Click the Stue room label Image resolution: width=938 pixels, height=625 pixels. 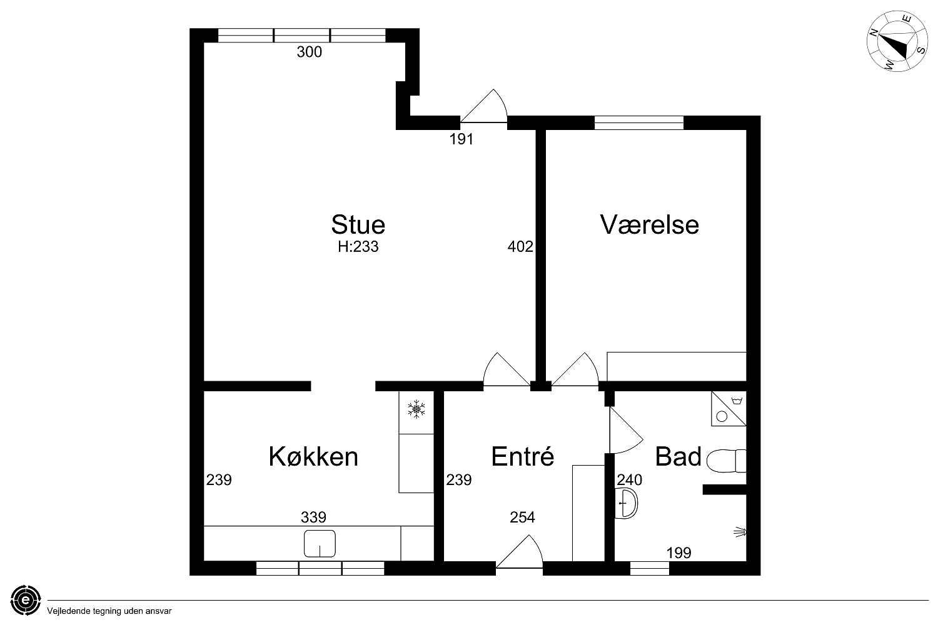pos(358,225)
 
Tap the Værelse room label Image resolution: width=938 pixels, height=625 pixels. pos(650,225)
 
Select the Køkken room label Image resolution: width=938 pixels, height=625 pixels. pos(313,456)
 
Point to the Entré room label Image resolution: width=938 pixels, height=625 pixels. pos(523,456)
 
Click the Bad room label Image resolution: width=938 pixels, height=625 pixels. pos(678,456)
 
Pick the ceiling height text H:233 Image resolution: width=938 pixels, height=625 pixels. pos(358,247)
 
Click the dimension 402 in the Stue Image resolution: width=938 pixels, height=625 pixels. pos(520,247)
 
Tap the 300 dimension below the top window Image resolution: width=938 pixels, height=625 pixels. pos(309,52)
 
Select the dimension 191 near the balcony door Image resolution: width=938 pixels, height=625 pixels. pos(461,139)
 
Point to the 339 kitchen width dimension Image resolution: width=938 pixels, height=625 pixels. pos(313,517)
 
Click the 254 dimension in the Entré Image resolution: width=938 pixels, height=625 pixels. pos(522,517)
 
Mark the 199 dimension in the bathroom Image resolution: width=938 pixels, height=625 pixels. pos(678,553)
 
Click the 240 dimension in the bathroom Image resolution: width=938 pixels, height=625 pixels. pos(629,480)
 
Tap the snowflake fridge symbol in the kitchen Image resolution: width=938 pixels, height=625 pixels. pos(416,409)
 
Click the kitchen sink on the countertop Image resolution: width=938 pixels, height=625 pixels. pos(320,543)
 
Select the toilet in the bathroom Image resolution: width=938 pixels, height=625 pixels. pos(726,461)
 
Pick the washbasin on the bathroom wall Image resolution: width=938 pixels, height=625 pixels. pos(626,503)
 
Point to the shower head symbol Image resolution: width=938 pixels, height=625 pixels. pos(740,532)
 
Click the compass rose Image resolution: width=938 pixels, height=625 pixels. pos(897,41)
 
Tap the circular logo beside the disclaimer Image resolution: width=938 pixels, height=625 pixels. pos(26,600)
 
